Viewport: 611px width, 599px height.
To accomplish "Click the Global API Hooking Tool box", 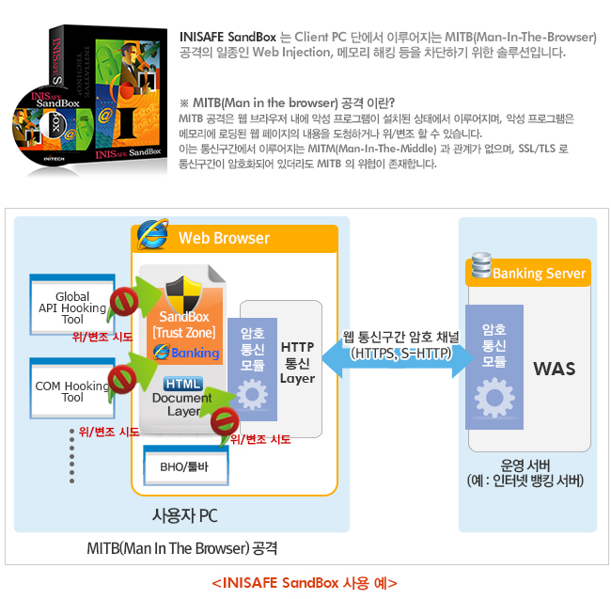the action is tap(72, 305).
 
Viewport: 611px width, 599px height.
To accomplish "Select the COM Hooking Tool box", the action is tap(72, 388).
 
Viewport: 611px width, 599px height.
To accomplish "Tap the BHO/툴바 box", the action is tap(186, 466).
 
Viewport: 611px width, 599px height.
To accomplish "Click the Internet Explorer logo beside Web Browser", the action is tap(152, 234).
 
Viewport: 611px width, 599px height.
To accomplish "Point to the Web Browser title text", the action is tap(224, 238).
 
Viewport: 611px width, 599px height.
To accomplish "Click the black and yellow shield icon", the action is tap(184, 293).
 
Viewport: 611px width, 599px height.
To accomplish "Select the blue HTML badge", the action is tap(183, 384).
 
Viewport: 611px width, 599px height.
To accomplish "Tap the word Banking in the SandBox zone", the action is tap(196, 353).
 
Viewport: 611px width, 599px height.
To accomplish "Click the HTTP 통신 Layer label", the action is tap(297, 363).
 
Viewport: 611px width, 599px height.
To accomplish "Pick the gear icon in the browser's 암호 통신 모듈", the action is tap(252, 394).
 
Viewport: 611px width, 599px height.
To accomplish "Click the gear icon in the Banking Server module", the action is tap(494, 398).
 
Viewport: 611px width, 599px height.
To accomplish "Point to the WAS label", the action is tap(554, 369).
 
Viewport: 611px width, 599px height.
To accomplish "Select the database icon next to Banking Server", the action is tap(481, 265).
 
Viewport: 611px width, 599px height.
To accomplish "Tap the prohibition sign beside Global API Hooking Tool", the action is tap(124, 301).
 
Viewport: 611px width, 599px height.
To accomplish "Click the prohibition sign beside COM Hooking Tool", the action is tap(122, 379).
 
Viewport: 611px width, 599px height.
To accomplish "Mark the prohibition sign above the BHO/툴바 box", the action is tap(225, 421).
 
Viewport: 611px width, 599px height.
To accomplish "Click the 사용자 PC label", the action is tap(184, 515).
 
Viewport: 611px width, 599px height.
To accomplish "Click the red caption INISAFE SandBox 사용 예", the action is tap(305, 583).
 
